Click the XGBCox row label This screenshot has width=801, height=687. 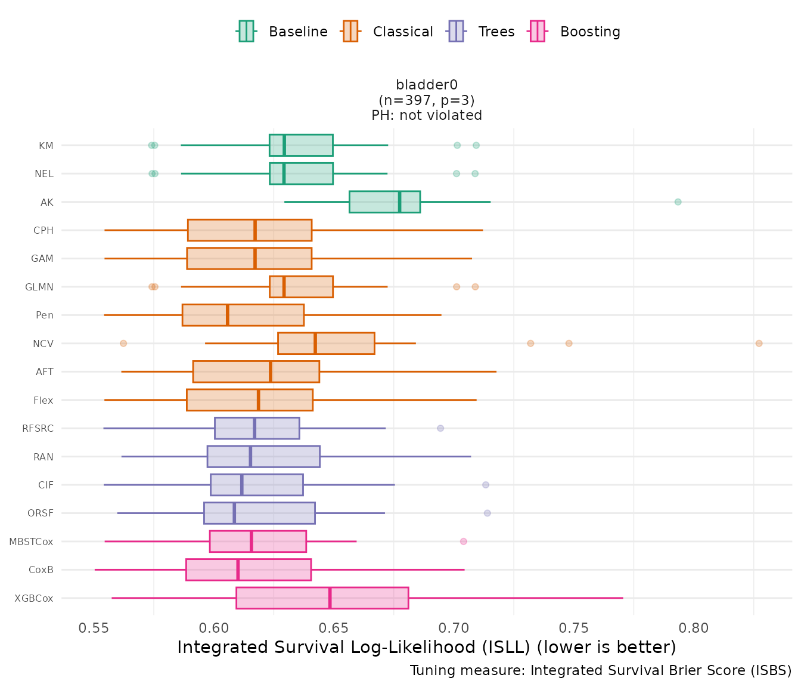[x=34, y=598]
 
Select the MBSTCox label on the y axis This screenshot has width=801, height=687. [x=31, y=541]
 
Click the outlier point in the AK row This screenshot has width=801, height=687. [x=678, y=202]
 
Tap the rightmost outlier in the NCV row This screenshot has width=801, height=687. [x=759, y=343]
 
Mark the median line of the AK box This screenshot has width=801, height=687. [x=400, y=202]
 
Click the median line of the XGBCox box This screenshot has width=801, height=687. [x=330, y=598]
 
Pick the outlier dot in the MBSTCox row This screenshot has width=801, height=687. [x=464, y=541]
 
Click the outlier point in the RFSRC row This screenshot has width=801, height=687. [x=440, y=428]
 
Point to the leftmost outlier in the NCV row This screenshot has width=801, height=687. [x=123, y=343]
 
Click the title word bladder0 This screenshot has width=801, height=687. [x=427, y=85]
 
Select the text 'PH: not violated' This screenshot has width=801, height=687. [x=427, y=115]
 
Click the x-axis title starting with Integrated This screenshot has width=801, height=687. [x=427, y=647]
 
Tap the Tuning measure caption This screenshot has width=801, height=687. [x=601, y=670]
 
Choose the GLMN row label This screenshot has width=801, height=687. [x=39, y=287]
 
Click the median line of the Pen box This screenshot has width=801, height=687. [x=228, y=315]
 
